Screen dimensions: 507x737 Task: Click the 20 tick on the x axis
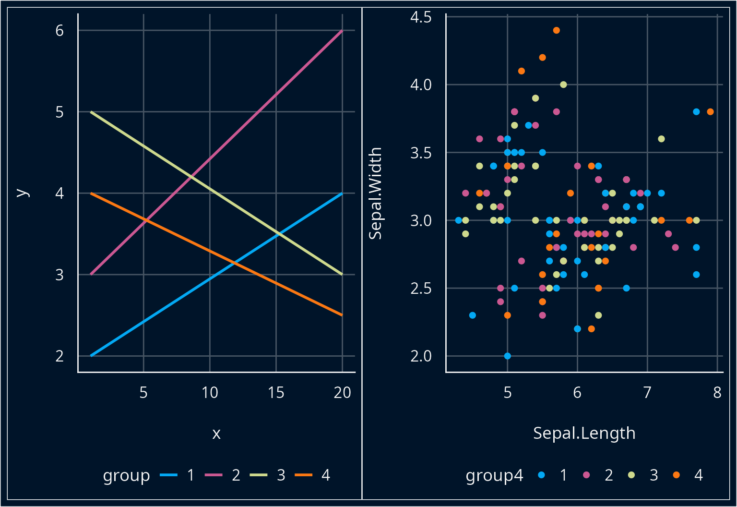[342, 393]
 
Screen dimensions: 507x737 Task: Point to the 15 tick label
[276, 393]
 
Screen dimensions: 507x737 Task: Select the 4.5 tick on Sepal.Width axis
[421, 17]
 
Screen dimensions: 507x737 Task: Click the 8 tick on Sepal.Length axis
[717, 393]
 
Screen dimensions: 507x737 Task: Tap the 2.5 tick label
[421, 289]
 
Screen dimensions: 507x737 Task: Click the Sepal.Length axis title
[584, 433]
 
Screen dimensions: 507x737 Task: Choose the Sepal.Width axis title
[375, 193]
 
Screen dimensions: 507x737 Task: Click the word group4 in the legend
[494, 475]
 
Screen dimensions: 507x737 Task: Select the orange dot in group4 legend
[677, 475]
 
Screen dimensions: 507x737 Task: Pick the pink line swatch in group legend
[214, 475]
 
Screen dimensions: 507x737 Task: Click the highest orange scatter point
[557, 30]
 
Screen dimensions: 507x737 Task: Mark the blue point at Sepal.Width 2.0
[508, 356]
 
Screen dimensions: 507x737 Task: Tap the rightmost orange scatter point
[710, 112]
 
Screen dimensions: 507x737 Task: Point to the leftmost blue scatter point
[458, 220]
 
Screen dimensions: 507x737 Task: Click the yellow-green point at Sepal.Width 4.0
[563, 84]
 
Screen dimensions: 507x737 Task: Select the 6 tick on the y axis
[59, 31]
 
